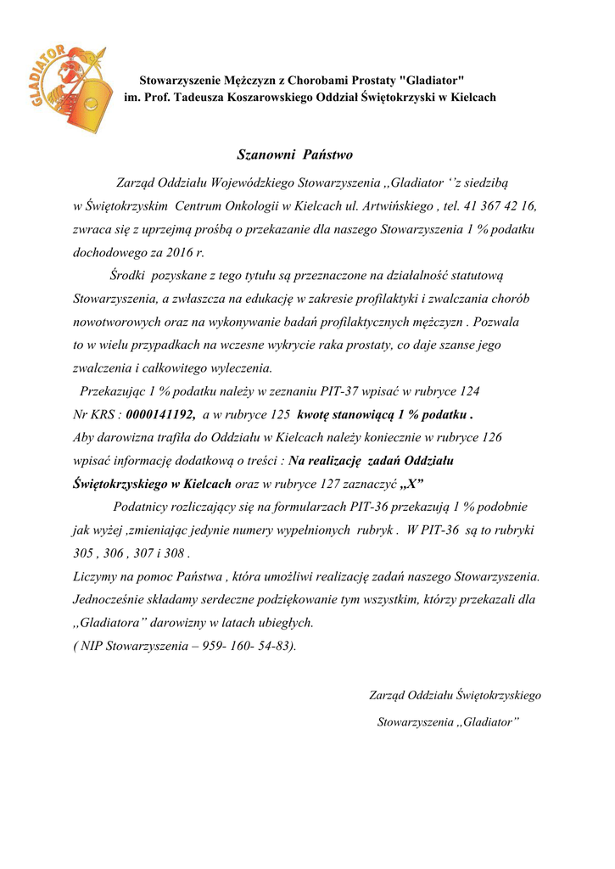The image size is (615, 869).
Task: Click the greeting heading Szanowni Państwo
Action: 294,155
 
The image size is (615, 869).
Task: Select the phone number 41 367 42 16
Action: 501,205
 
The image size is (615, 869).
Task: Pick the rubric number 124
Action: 469,391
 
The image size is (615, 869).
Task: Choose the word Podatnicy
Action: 142,507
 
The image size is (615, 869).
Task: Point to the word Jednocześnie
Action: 112,599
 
